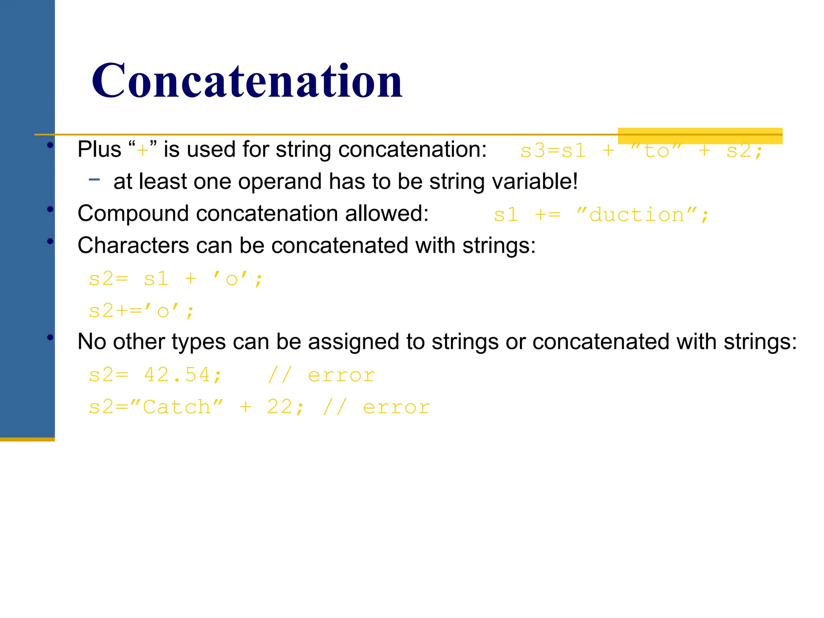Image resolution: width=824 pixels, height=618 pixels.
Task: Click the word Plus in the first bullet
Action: click(99, 150)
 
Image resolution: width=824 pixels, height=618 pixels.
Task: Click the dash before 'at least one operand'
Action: click(94, 179)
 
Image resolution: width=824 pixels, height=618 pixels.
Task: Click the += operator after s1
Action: click(547, 215)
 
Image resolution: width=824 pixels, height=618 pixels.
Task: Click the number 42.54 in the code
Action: click(177, 375)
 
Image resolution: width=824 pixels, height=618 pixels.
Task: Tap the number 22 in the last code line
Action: click(280, 407)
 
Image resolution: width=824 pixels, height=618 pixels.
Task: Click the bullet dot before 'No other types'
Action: click(50, 338)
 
